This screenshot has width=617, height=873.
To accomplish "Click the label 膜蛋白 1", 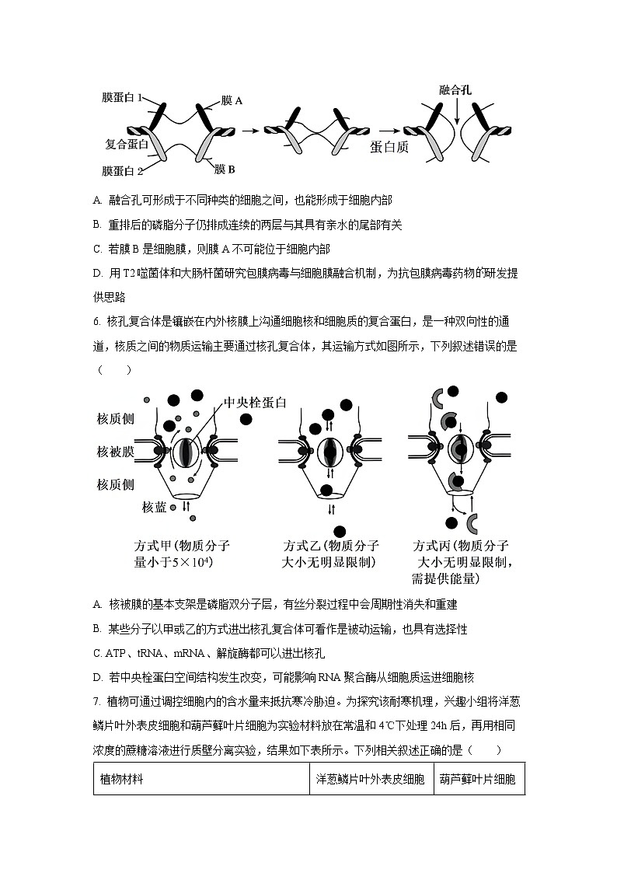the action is (x=122, y=98).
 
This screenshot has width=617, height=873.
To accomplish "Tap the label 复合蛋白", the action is (x=126, y=145).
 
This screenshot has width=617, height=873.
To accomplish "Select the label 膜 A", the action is (x=232, y=100).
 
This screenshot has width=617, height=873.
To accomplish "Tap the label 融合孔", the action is (x=455, y=90).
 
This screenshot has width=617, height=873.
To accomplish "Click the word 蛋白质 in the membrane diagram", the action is (x=389, y=147).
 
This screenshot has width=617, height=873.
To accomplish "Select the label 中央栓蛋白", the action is (x=256, y=402).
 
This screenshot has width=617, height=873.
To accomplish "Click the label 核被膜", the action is (x=116, y=452).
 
